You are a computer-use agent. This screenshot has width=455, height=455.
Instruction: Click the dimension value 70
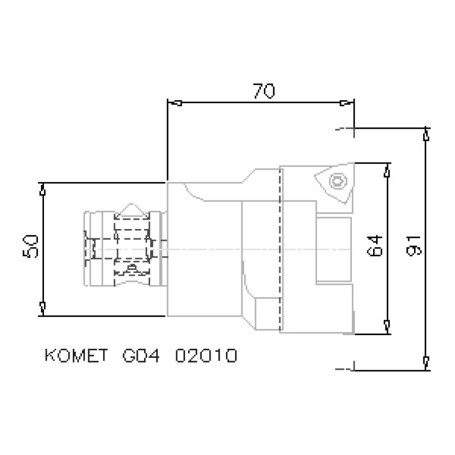click(x=263, y=91)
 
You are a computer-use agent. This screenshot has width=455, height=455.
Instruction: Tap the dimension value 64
click(x=374, y=245)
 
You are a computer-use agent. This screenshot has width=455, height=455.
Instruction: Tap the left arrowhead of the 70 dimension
click(x=175, y=103)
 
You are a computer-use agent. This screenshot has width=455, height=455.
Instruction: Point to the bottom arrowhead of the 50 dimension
click(x=42, y=307)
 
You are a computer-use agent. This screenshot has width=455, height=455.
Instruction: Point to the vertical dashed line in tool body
click(x=279, y=249)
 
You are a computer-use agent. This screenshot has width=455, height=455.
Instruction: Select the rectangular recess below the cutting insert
click(x=334, y=249)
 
